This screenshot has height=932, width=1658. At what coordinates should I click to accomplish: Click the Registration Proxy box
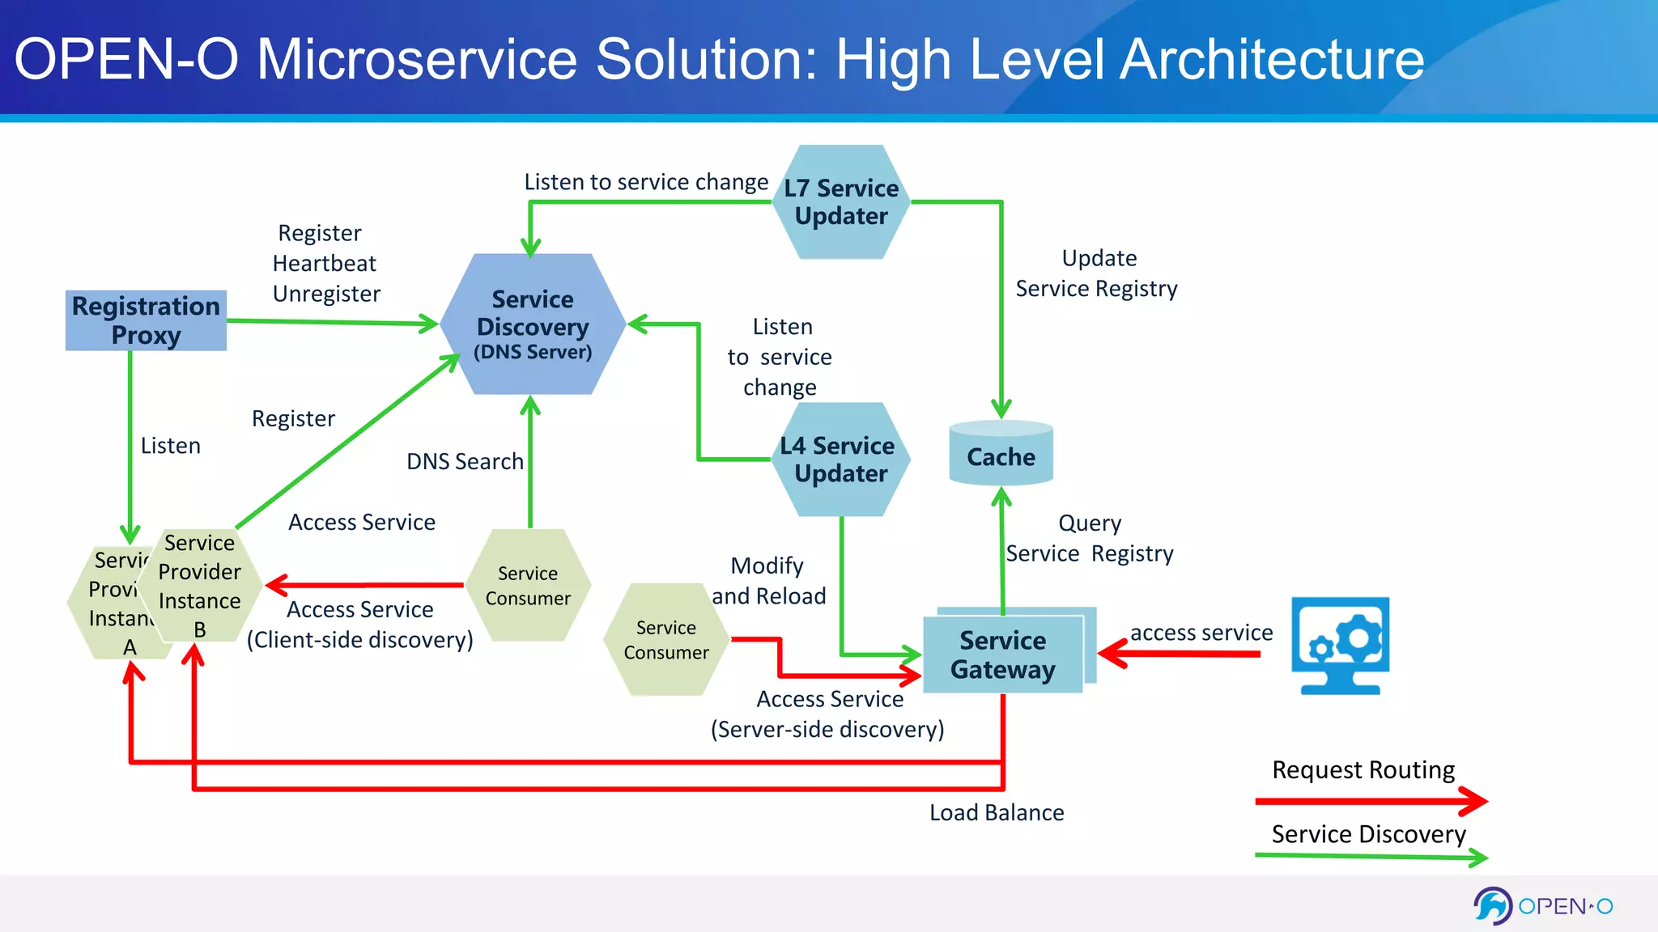tap(146, 320)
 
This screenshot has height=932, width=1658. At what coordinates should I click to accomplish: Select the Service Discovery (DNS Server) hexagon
tap(533, 324)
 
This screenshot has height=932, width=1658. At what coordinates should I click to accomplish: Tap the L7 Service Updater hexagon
tap(841, 202)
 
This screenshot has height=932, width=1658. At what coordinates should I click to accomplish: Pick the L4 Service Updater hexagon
tap(840, 460)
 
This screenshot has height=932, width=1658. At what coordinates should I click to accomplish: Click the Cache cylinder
tap(1001, 455)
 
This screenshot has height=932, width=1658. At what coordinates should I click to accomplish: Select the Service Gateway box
tap(1003, 654)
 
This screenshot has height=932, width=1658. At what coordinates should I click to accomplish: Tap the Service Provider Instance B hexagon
tap(199, 585)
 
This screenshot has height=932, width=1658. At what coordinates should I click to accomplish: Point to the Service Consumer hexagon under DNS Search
tap(528, 586)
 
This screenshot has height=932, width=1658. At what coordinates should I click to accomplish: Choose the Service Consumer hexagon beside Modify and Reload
tap(666, 639)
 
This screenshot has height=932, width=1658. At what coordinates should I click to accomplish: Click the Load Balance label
tap(997, 812)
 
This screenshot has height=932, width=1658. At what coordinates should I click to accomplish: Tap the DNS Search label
tap(465, 461)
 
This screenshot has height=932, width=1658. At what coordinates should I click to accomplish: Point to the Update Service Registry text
tap(1097, 273)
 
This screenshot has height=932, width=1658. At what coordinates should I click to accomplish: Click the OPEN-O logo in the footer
tap(1543, 906)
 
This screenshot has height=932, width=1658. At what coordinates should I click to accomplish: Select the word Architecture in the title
tap(1272, 59)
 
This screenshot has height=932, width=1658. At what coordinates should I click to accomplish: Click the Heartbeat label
tap(325, 264)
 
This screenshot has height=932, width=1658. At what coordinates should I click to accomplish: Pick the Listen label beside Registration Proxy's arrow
tap(170, 446)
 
